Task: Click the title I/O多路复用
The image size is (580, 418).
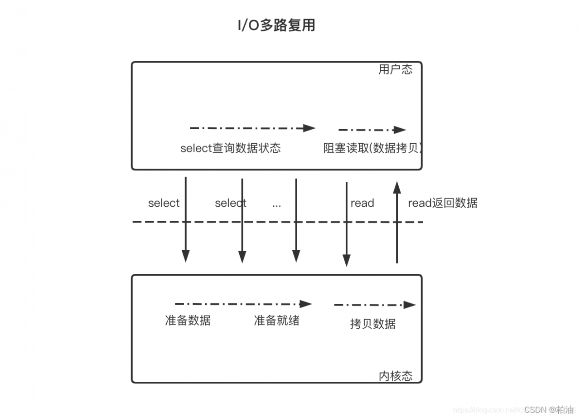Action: [x=276, y=25]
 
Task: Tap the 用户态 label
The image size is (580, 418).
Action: [x=395, y=69]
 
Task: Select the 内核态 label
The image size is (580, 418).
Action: [x=395, y=376]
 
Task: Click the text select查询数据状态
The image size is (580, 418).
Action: [x=231, y=148]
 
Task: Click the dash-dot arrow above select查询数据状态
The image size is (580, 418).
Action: [x=252, y=128]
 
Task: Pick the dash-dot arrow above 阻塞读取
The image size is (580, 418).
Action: [x=372, y=130]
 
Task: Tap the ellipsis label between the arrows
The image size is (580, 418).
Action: [x=277, y=204]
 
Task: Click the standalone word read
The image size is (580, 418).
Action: [x=362, y=203]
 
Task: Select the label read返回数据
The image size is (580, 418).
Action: [x=443, y=203]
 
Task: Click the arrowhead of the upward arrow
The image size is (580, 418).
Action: [x=397, y=187]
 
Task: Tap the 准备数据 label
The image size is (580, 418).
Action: [x=188, y=320]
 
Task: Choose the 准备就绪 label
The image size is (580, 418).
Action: [x=276, y=320]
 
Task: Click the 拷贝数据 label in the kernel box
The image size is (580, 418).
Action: [x=372, y=323]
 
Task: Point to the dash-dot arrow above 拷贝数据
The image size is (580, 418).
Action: [x=374, y=305]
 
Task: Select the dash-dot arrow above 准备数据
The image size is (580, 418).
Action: [x=243, y=304]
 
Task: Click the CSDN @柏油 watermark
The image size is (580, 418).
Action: [x=548, y=409]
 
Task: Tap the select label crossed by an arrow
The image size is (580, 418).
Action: [x=231, y=203]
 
